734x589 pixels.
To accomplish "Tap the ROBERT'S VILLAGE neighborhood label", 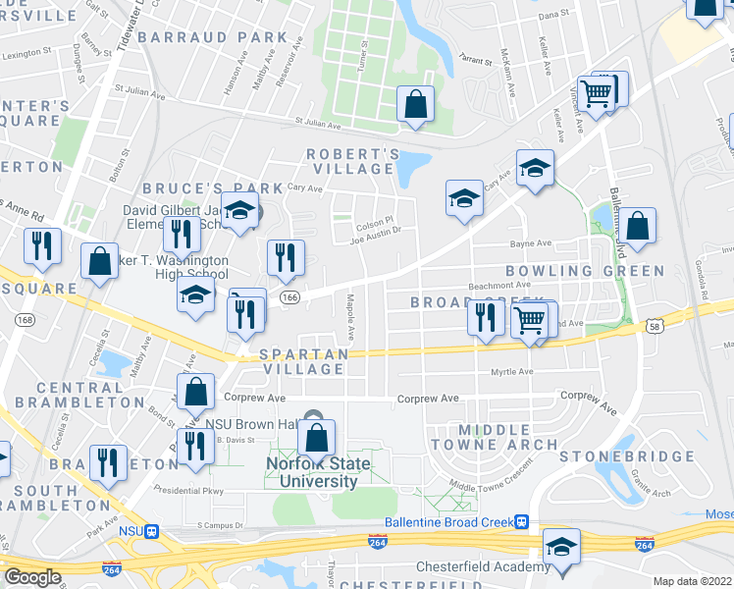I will [x=352, y=162].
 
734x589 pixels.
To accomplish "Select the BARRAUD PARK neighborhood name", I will [x=213, y=37].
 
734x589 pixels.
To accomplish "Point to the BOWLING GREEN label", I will [x=584, y=270].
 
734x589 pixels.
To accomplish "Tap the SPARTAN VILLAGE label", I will [x=301, y=361].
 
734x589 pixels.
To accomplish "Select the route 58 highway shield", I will [x=654, y=325].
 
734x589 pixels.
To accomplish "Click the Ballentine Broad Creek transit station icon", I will [x=524, y=522].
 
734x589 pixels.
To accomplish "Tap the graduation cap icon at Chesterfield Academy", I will [x=561, y=547].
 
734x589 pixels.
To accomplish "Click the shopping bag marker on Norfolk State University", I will [x=317, y=437].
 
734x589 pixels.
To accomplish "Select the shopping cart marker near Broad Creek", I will [x=531, y=319].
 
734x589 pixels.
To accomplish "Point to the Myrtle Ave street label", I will [x=511, y=372].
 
